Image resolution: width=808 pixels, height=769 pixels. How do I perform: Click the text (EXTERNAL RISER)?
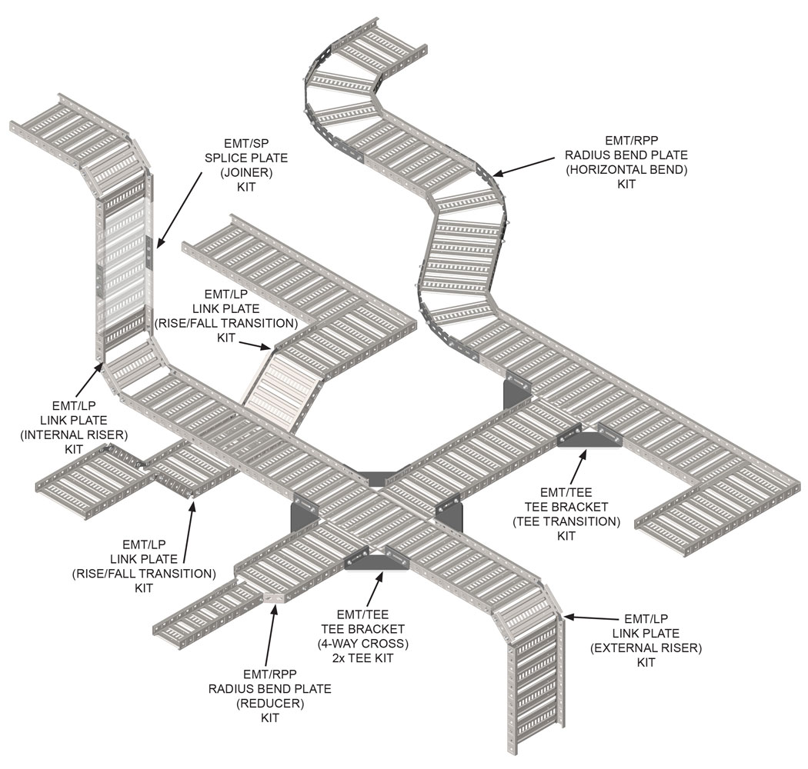(646, 647)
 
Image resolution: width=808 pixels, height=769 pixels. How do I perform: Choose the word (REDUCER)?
(269, 703)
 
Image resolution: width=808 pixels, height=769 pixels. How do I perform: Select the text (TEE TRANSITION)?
(566, 521)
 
